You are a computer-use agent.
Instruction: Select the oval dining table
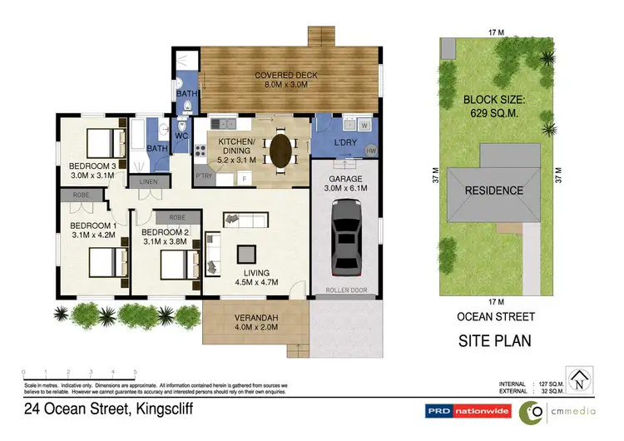(281, 151)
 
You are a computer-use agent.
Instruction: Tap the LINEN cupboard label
(149, 181)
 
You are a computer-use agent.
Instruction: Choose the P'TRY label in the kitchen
(203, 176)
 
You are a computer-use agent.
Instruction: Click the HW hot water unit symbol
(370, 151)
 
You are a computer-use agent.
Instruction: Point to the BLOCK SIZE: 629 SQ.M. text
(495, 106)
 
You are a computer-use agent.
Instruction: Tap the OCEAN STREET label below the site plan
(496, 316)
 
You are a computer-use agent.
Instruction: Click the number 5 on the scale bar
(136, 372)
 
